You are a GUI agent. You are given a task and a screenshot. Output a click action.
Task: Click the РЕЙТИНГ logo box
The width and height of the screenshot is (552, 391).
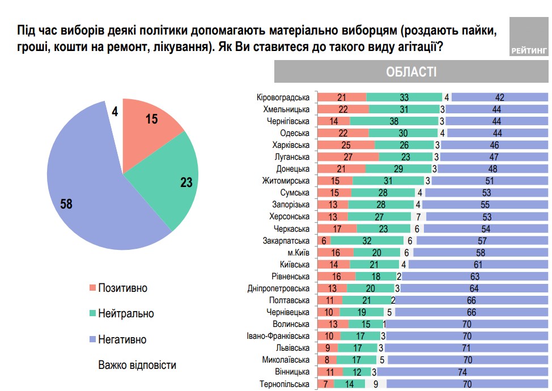tap(529, 37)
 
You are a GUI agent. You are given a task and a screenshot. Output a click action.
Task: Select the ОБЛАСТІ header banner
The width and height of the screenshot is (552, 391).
tap(411, 72)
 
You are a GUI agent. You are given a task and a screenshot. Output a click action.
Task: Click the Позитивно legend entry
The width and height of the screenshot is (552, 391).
tap(122, 288)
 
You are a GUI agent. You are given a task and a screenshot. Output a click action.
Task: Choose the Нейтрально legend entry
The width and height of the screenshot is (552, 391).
tap(125, 313)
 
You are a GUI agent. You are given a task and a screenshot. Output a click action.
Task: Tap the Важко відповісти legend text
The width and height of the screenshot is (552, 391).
tap(137, 364)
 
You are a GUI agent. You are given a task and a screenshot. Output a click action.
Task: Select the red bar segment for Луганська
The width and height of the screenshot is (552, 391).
tap(348, 157)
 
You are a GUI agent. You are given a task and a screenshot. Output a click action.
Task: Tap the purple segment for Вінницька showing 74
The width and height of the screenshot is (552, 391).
tap(462, 372)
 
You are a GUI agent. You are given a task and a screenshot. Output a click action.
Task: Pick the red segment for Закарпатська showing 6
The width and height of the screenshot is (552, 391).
tap(323, 240)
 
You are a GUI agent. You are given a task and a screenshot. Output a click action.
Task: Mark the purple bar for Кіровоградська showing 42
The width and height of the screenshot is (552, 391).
tap(499, 97)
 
